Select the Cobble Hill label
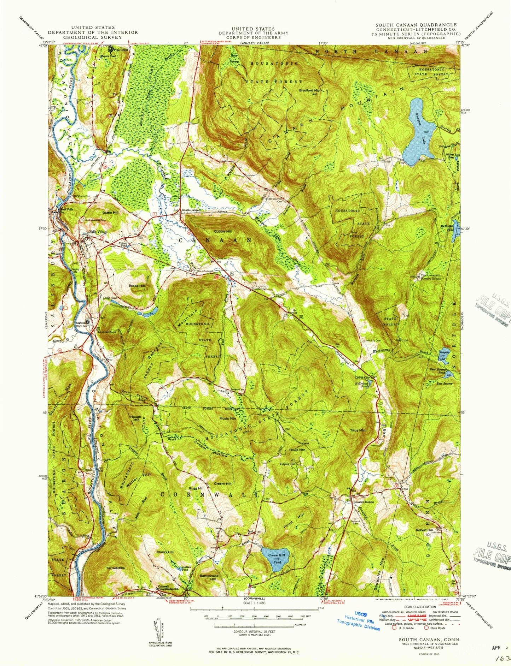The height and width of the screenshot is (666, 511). (x=223, y=232)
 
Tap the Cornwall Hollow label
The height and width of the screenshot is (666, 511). (x=363, y=502)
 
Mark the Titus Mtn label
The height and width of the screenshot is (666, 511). (x=358, y=430)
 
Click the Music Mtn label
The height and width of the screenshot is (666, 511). (x=227, y=418)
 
